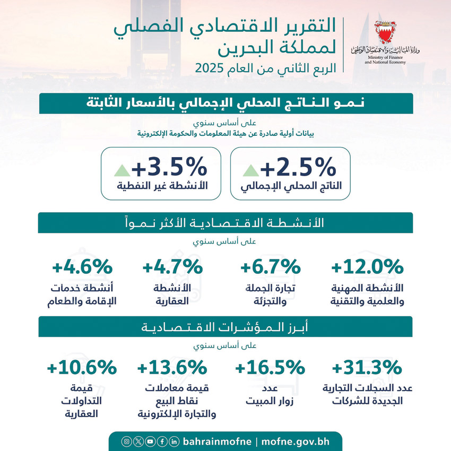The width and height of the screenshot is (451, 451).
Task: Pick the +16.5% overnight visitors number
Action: coord(270,367)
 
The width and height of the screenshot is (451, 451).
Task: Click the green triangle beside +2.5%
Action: coord(250,170)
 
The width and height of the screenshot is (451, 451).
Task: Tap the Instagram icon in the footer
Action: coord(126,441)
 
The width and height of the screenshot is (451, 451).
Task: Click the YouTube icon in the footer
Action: coord(150,441)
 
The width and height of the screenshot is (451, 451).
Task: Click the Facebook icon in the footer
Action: coord(162,441)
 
